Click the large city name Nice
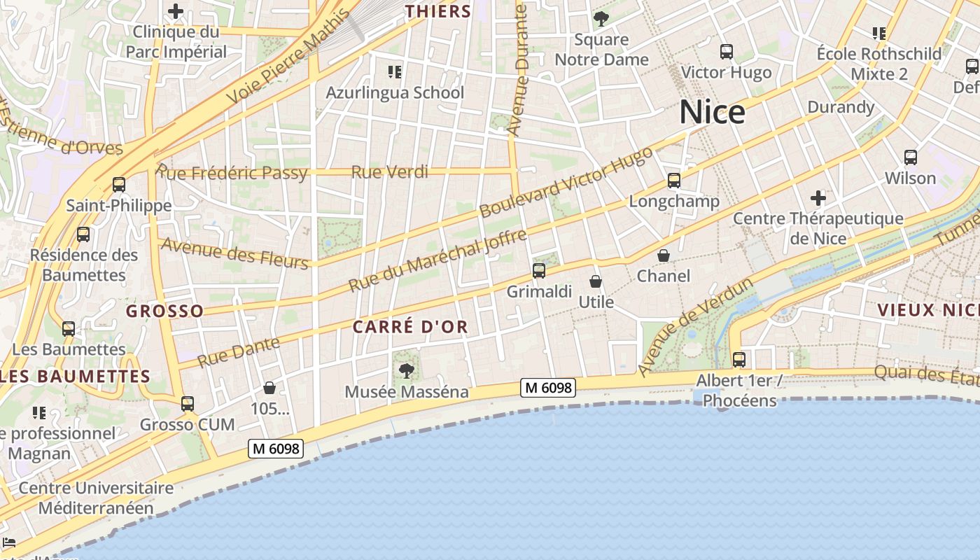click(x=712, y=112)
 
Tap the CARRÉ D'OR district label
click(x=410, y=327)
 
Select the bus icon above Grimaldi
click(x=538, y=270)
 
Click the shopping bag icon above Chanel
click(x=663, y=255)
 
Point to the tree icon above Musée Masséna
click(x=406, y=370)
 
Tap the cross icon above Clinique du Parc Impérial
click(x=176, y=11)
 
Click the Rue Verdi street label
click(x=389, y=172)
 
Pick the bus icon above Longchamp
click(x=673, y=181)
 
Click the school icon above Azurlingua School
click(x=394, y=71)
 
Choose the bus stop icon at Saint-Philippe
click(x=119, y=185)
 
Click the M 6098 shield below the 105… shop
click(x=276, y=449)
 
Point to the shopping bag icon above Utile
click(x=595, y=281)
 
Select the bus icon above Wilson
click(x=910, y=157)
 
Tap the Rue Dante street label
click(x=239, y=352)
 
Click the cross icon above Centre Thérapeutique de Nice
click(x=818, y=198)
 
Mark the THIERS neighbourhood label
click(x=438, y=11)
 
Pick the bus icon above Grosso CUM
click(x=187, y=404)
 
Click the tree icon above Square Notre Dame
click(x=601, y=19)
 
